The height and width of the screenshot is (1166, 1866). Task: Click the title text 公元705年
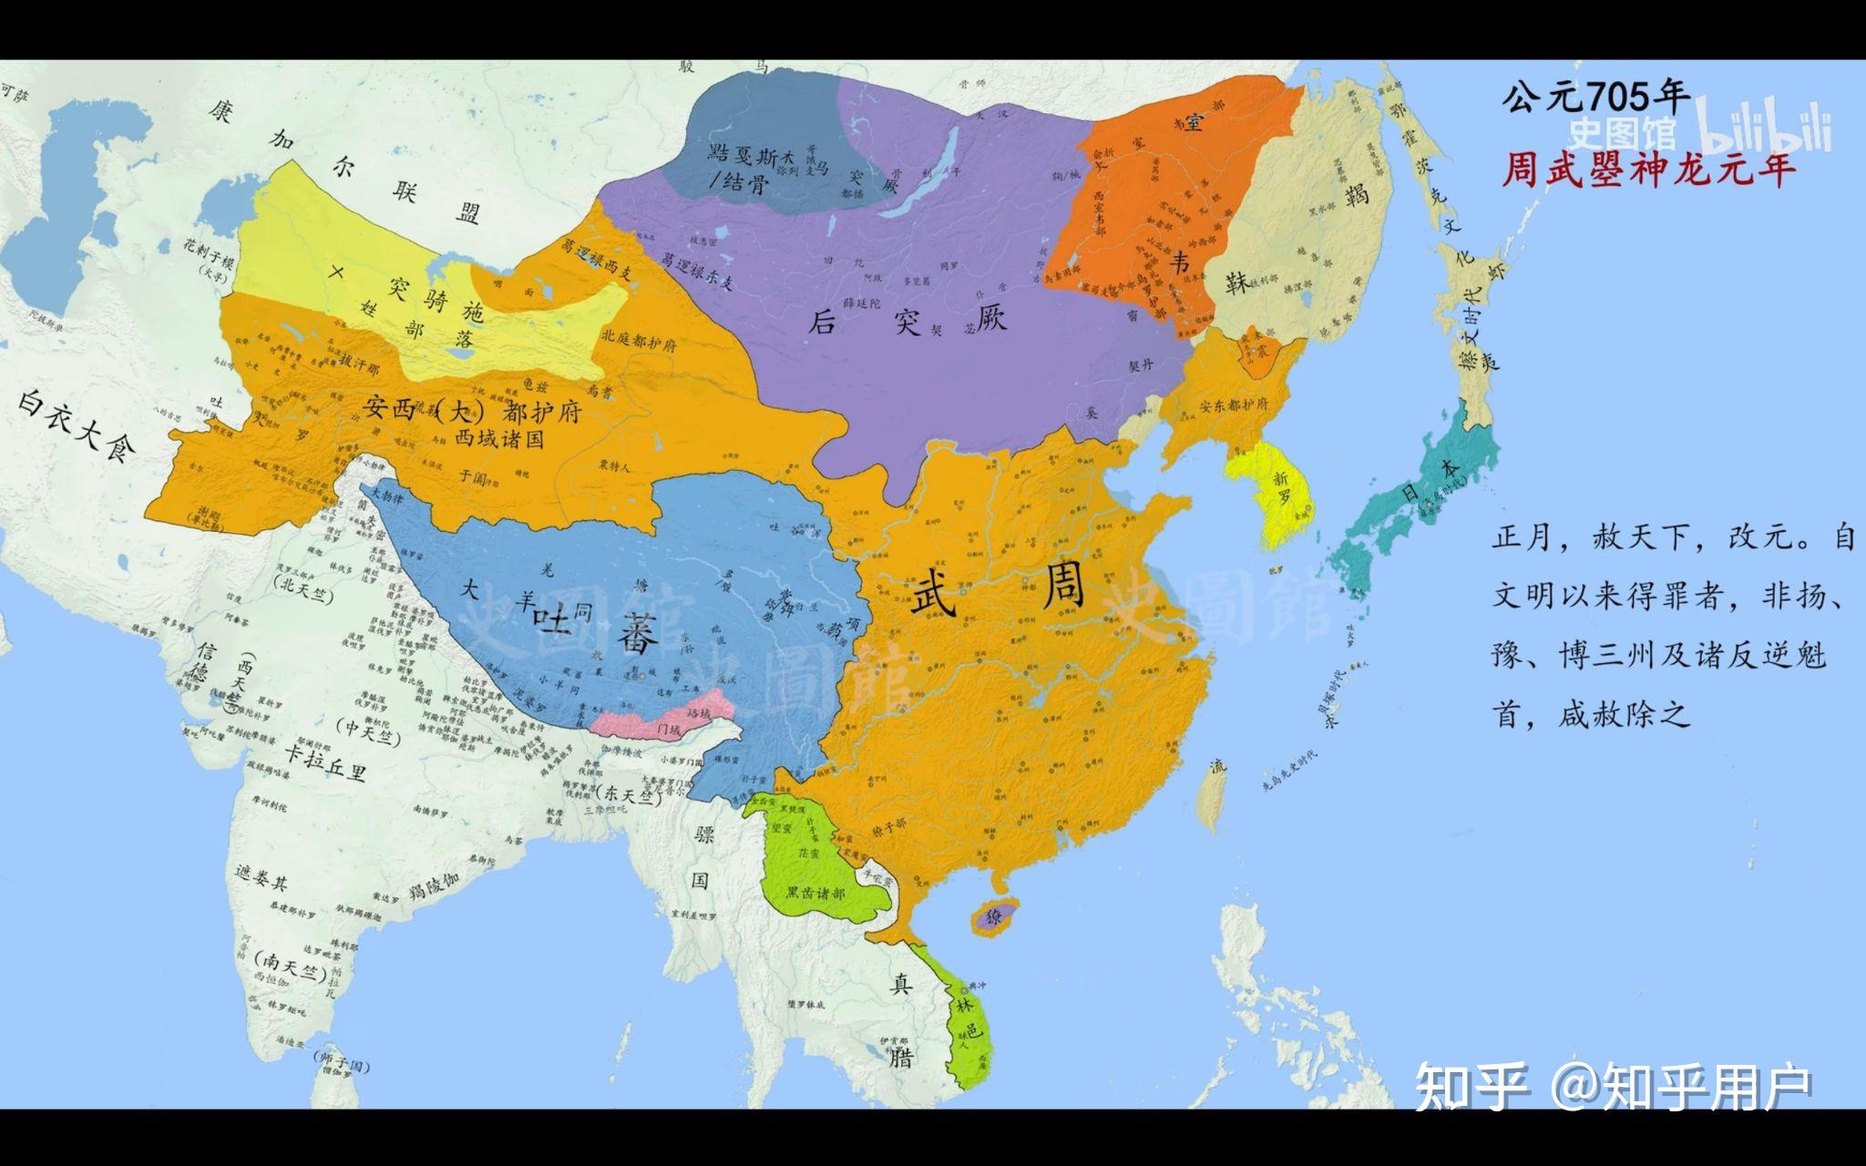click(1595, 96)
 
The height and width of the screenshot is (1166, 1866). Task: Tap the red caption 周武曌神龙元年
click(1648, 169)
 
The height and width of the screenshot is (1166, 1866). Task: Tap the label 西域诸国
click(499, 438)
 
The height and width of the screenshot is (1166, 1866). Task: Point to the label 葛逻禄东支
click(697, 271)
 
